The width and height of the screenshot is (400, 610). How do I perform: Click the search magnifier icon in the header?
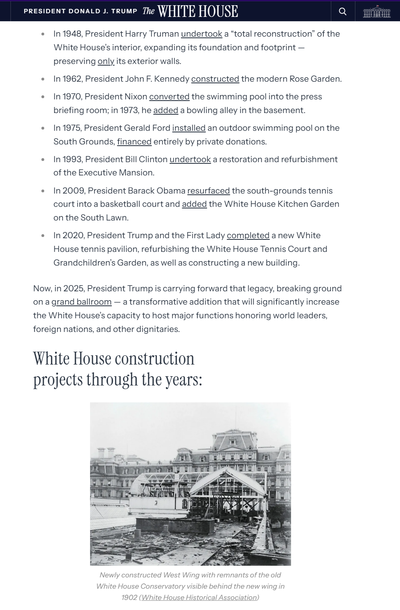343,11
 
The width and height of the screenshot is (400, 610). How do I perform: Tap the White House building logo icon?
377,11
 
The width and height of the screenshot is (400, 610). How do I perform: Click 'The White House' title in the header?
190,11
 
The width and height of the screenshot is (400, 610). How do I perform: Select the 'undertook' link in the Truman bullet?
201,34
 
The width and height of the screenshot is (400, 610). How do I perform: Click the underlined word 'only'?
106,61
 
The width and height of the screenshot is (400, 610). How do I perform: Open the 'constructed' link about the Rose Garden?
215,79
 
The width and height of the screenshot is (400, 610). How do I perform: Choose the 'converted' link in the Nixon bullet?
169,97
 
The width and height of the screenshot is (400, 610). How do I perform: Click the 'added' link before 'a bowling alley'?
166,110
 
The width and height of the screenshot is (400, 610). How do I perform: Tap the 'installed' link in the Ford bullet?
189,128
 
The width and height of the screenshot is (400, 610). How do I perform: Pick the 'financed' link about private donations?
134,142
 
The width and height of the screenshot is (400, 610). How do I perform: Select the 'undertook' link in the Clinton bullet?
190,159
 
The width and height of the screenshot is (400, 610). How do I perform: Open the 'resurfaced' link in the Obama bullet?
208,191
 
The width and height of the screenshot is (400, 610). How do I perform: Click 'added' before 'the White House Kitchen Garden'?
194,204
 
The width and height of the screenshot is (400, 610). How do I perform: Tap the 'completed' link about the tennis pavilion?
248,235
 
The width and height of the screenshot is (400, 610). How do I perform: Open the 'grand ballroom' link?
82,302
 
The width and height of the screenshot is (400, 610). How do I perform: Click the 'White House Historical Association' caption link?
199,598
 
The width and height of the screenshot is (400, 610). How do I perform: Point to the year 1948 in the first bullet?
72,34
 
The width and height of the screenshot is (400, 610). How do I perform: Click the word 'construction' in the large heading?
154,359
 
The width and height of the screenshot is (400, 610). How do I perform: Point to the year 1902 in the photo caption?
129,598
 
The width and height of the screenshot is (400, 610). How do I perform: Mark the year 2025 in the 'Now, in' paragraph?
73,289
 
